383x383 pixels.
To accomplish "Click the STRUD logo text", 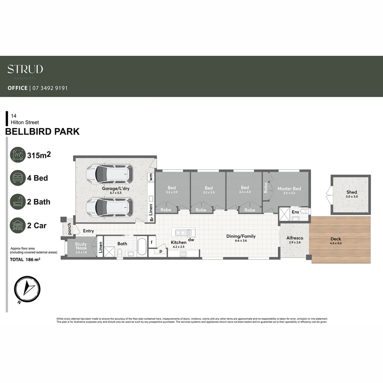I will [25, 69].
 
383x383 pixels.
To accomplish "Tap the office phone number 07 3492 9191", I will [50, 88].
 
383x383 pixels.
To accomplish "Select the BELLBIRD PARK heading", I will [42, 132].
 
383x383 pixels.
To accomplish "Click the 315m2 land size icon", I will [18, 155].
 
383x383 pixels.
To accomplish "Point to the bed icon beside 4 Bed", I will [18, 178].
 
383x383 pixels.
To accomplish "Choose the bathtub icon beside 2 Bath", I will [18, 202].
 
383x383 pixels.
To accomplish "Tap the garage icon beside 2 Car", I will [18, 226].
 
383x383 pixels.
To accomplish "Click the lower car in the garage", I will [109, 207].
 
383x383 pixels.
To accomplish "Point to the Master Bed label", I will [289, 189].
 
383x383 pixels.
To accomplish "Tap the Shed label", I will [351, 192].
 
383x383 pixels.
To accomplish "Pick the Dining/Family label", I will [241, 236].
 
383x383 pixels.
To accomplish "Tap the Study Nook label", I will [81, 246].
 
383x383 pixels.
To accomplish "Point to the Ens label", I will [295, 212].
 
